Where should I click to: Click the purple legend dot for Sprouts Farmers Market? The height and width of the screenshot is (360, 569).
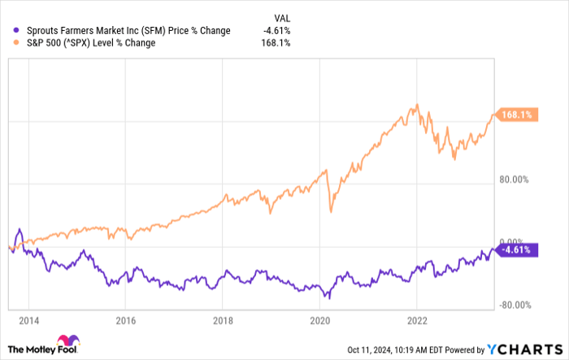(x=15, y=31)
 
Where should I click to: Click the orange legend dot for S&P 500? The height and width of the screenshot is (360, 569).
(x=15, y=42)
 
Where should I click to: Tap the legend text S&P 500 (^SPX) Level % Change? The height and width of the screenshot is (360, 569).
(x=91, y=43)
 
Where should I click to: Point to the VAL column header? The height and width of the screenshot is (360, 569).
(x=282, y=18)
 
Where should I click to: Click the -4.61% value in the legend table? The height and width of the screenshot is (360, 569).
(x=277, y=31)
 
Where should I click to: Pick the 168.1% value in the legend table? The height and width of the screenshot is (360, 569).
(x=276, y=43)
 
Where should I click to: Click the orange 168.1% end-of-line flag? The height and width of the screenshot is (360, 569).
(x=516, y=115)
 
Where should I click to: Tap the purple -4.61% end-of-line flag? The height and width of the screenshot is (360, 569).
(x=516, y=250)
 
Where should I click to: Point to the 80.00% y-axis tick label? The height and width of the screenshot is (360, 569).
(x=514, y=180)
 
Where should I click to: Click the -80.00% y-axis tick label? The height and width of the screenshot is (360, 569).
(x=515, y=305)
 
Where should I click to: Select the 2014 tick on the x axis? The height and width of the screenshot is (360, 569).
(x=29, y=320)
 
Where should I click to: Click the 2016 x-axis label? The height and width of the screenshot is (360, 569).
(x=125, y=320)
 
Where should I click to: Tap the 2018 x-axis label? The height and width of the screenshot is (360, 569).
(x=223, y=320)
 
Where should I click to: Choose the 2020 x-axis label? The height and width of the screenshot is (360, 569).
(x=320, y=320)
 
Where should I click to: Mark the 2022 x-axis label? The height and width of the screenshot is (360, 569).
(x=417, y=320)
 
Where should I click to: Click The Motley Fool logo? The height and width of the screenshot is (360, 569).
(x=44, y=345)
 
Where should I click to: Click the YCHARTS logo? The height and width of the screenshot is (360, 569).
(x=525, y=349)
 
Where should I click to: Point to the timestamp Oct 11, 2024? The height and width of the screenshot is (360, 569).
(x=369, y=350)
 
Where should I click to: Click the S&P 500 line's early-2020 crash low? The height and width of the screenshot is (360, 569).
(x=331, y=211)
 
